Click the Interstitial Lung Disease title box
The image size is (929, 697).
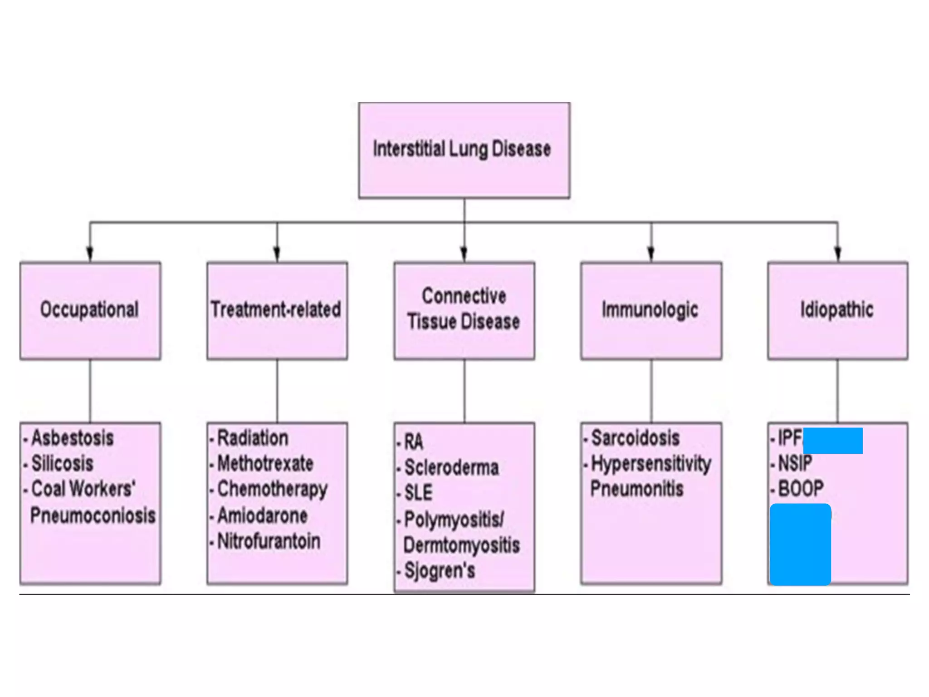tap(464, 150)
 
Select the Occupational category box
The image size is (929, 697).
tap(90, 311)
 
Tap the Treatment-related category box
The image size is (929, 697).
tap(277, 311)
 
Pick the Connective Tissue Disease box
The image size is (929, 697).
tap(464, 311)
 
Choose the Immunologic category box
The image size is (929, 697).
tap(651, 311)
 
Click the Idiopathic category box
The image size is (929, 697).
tap(837, 311)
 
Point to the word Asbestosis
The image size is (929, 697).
tap(73, 438)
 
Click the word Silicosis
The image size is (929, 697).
tap(63, 464)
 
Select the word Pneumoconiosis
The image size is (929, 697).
tap(93, 515)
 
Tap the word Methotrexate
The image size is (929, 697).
tap(265, 464)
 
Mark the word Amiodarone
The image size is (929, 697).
tap(263, 515)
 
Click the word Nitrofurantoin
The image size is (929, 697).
tap(269, 541)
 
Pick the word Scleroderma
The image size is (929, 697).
tap(452, 468)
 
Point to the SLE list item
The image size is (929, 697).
tap(418, 493)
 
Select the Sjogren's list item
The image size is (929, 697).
tap(440, 570)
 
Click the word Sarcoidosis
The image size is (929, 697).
tap(636, 438)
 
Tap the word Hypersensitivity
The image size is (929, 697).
tap(651, 464)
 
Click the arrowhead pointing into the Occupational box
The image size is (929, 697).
tap(90, 254)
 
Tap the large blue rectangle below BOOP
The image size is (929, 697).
tap(800, 545)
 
